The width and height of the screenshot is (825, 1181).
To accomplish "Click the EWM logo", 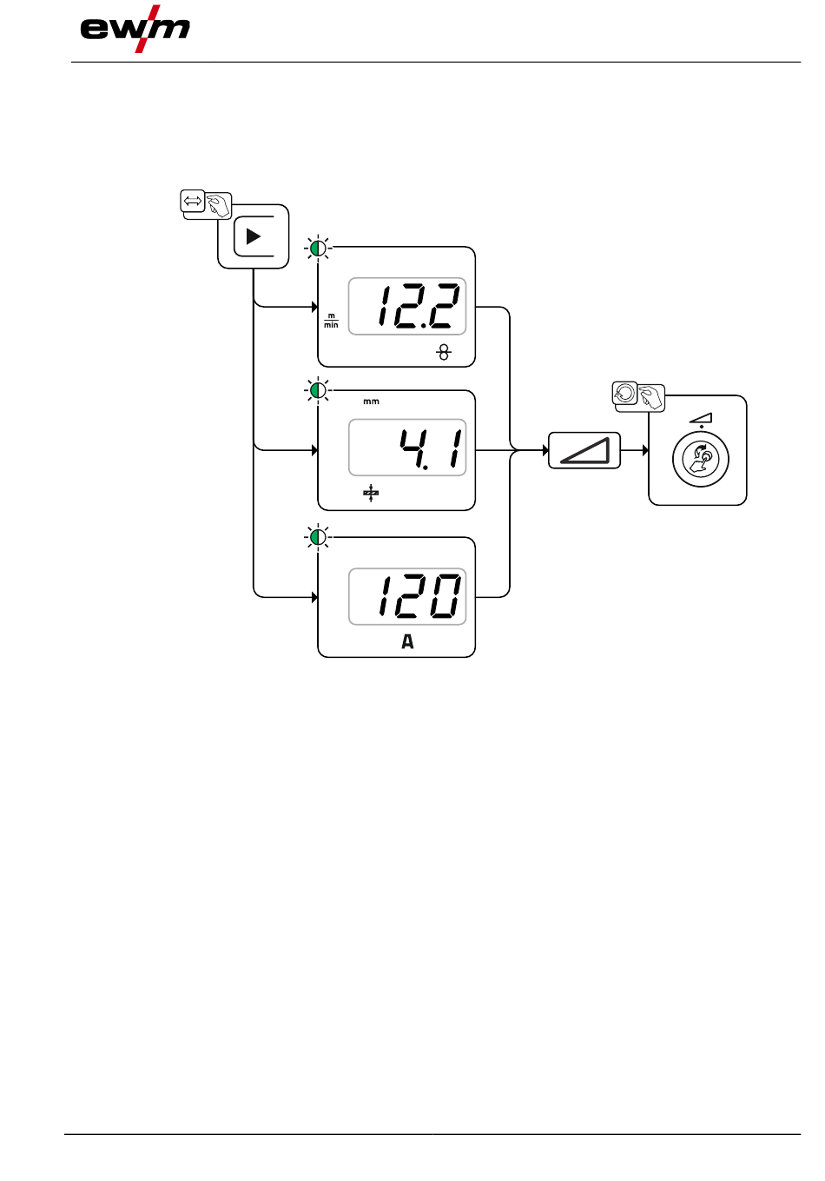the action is point(135,29).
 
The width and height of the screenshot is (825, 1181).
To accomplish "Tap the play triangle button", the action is point(253,236).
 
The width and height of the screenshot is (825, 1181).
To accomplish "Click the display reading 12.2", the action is point(407,307).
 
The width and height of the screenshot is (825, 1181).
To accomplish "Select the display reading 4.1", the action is point(407,448).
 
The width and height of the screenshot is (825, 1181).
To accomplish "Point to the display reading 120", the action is point(407,596).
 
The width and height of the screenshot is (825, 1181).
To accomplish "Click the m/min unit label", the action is point(331,321).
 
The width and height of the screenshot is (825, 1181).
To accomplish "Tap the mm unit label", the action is point(371,401).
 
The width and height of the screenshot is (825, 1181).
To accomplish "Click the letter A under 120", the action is point(407,642).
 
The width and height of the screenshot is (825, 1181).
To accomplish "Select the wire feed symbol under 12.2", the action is point(444,352).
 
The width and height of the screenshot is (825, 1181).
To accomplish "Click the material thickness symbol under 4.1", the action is point(371,494).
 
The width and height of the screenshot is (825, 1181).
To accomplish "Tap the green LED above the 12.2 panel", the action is point(319,249).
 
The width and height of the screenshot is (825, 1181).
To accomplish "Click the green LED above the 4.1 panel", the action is point(319,391).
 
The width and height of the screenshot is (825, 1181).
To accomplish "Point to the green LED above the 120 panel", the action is point(319,538).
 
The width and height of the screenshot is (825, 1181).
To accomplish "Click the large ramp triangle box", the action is point(584,450).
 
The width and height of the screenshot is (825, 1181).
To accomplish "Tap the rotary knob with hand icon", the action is point(701,459).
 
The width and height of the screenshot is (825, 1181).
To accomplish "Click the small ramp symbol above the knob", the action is point(701,418).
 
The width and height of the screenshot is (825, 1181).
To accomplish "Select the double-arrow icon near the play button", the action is point(193,202).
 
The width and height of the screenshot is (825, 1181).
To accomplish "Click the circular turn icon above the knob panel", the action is point(624,393).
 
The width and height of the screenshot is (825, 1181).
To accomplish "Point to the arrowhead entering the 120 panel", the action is point(314,597).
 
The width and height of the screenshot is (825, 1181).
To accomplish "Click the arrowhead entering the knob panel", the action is point(645,450).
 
